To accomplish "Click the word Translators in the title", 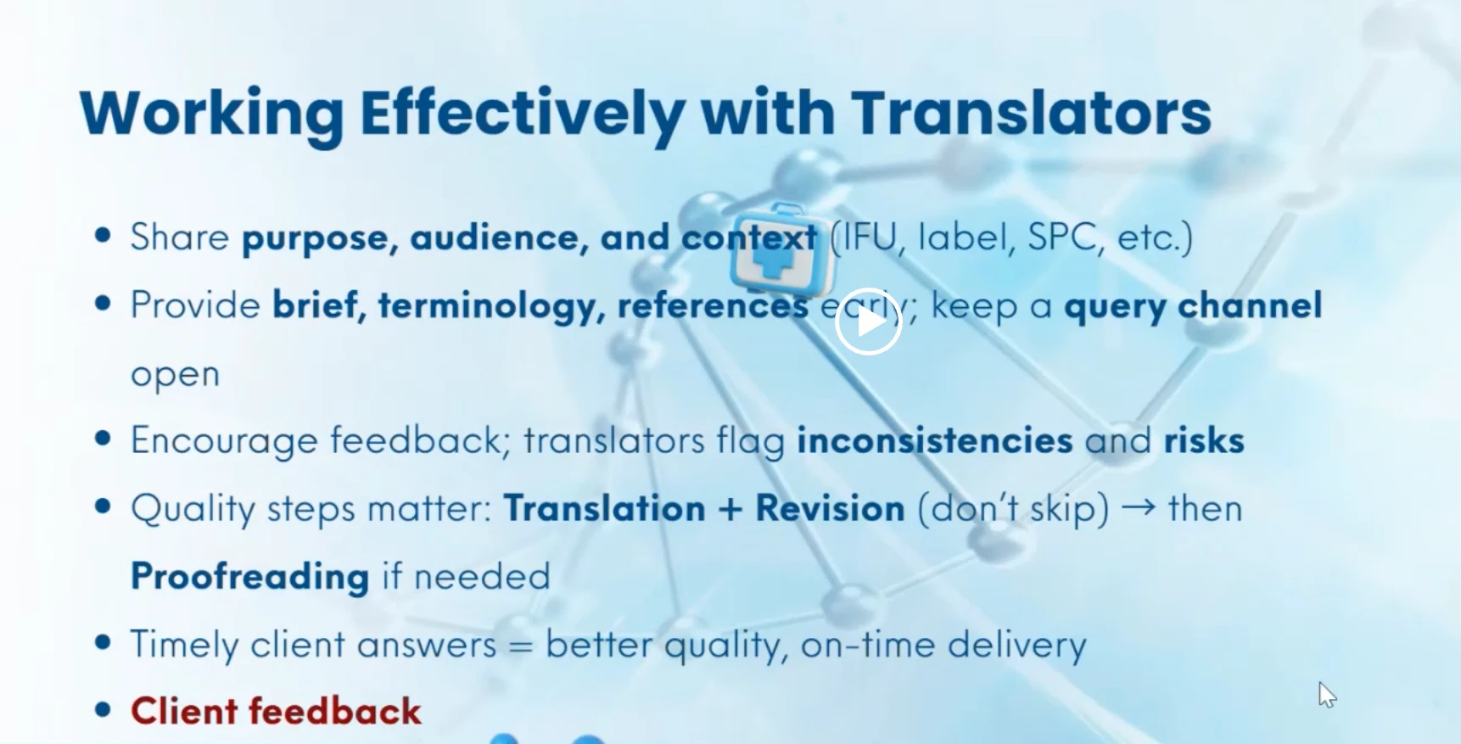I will click(x=1030, y=113).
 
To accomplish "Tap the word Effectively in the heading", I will click(x=521, y=113).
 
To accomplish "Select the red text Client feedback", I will click(x=276, y=711).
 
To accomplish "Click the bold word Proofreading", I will click(x=250, y=577).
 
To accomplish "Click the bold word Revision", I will click(x=830, y=509).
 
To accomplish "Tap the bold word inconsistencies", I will click(x=934, y=440).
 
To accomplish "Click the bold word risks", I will click(x=1203, y=440).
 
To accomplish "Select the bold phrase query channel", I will click(x=1192, y=305).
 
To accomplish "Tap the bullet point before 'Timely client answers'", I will click(x=104, y=642).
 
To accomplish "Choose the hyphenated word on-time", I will click(x=867, y=645).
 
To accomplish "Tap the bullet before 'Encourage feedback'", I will click(x=104, y=439).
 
